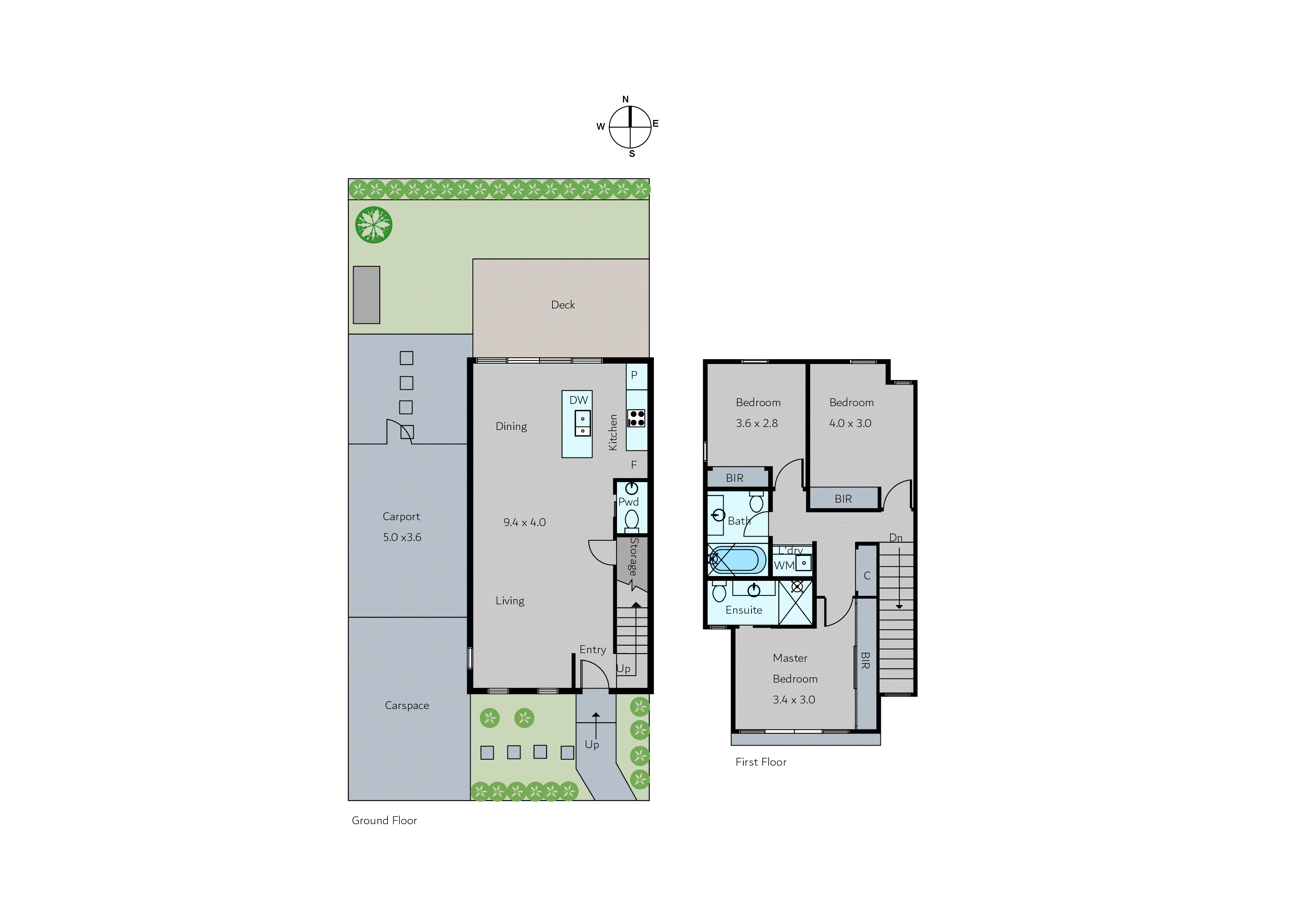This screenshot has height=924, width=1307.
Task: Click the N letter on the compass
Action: pyautogui.click(x=625, y=99)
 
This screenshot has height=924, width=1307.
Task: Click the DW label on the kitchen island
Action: pyautogui.click(x=578, y=400)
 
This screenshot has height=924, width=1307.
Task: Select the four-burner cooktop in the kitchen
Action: pyautogui.click(x=636, y=418)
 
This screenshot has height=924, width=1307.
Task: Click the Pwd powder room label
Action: pyautogui.click(x=629, y=501)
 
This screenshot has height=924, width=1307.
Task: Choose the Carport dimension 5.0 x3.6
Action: pyautogui.click(x=402, y=537)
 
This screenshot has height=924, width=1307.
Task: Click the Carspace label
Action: pyautogui.click(x=406, y=705)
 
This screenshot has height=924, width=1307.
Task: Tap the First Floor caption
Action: pyautogui.click(x=760, y=762)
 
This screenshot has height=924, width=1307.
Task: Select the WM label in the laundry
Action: pyautogui.click(x=784, y=565)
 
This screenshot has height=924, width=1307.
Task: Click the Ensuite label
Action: pyautogui.click(x=743, y=610)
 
